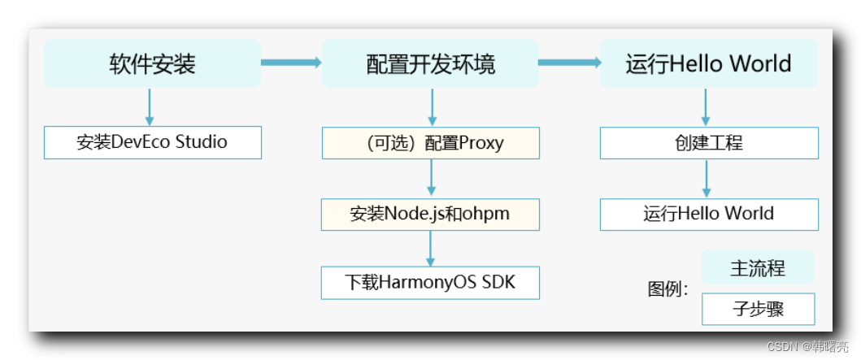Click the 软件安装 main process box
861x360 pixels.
point(152,64)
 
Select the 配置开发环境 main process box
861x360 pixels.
point(430,64)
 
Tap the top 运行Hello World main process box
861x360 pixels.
point(708,64)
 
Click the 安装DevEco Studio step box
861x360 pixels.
point(152,142)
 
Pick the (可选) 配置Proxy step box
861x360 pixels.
point(430,143)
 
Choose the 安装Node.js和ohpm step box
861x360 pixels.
point(430,214)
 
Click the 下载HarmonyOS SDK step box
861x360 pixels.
point(430,282)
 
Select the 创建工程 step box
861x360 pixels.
point(709,143)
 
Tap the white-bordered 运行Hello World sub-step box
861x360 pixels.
point(709,214)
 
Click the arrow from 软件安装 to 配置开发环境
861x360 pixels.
point(291,62)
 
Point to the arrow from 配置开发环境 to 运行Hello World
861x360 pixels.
point(568,62)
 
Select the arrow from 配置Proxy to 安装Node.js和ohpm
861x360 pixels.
point(431,178)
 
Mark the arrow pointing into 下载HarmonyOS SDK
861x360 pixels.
point(431,248)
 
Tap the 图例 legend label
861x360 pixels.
point(667,289)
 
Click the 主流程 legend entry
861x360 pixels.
point(758,267)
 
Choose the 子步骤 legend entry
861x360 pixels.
point(758,309)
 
